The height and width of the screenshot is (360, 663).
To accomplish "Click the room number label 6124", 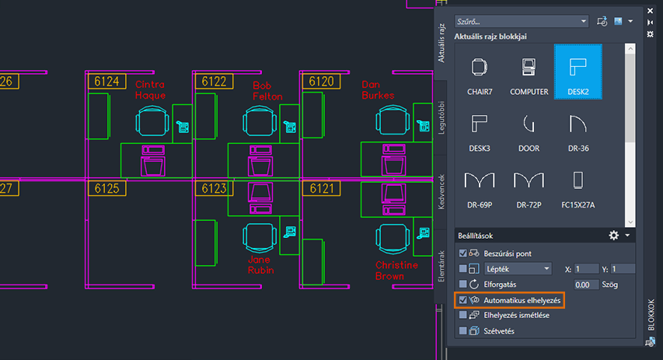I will click(106, 81).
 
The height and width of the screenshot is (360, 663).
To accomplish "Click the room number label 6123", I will click(214, 188).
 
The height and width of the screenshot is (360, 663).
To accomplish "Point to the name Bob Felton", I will click(267, 90).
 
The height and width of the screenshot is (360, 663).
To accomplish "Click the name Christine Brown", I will click(396, 271).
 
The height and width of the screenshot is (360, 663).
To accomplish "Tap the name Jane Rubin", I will click(261, 265).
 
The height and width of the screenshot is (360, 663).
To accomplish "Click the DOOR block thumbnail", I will click(529, 128).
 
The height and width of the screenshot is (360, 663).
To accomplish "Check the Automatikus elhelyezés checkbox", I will click(464, 299).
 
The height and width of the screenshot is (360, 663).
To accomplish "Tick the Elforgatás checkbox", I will click(464, 284).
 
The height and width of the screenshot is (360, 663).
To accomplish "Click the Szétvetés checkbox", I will click(464, 330).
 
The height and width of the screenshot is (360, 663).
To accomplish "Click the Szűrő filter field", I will click(521, 21).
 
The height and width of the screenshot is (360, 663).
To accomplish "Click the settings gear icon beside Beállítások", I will click(614, 235).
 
